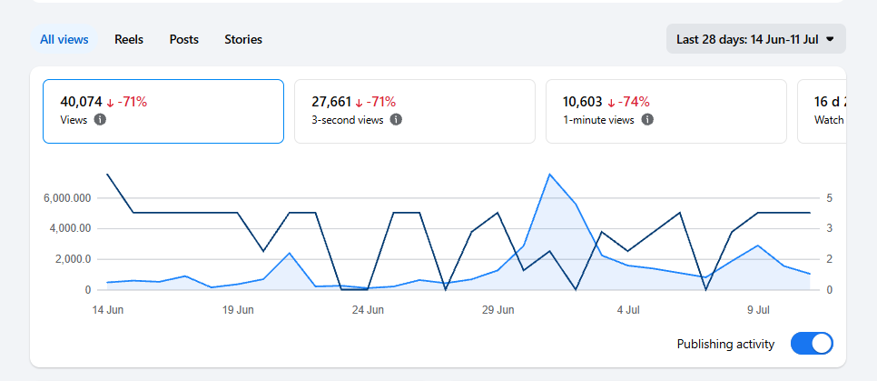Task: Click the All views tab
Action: (x=64, y=39)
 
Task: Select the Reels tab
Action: (x=129, y=39)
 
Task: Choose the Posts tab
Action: (x=184, y=39)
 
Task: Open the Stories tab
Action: (x=243, y=39)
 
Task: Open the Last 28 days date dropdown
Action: (x=755, y=39)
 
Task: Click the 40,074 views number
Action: (x=81, y=102)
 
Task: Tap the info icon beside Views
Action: (x=100, y=119)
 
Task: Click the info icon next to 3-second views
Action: (x=396, y=119)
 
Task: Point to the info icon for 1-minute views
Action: (x=647, y=119)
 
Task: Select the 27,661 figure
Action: (x=332, y=102)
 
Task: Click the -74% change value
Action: (x=633, y=102)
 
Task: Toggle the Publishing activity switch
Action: (x=812, y=344)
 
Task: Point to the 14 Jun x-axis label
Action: (x=108, y=310)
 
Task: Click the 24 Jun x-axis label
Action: (x=368, y=310)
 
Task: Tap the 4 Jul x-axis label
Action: (x=628, y=310)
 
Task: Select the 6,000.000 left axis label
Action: (x=66, y=198)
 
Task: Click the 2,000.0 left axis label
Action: (x=70, y=259)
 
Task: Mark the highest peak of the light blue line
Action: (x=550, y=175)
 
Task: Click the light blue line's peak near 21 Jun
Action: (x=290, y=254)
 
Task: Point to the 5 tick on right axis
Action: (x=830, y=198)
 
